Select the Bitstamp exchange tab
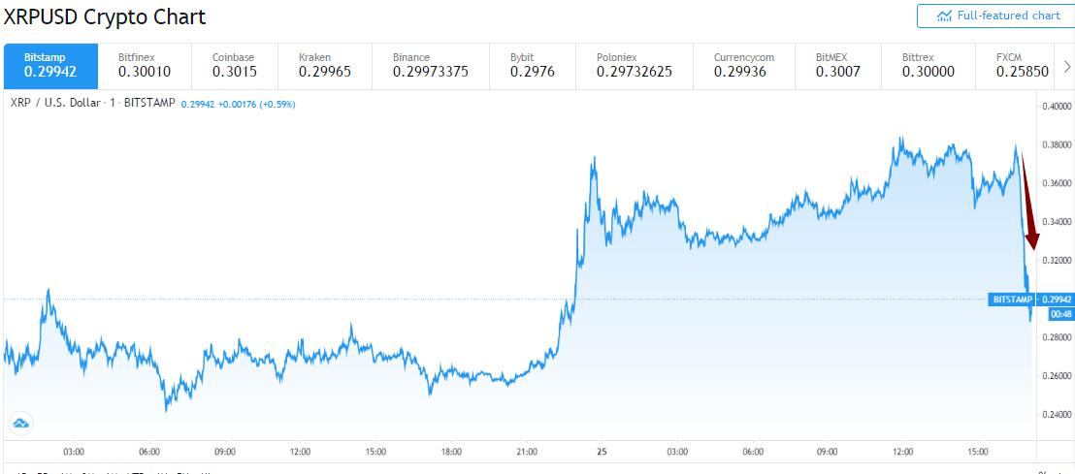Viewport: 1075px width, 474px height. [x=50, y=65]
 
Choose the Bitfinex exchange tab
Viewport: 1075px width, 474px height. [x=145, y=65]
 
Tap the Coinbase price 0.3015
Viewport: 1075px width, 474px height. [x=235, y=72]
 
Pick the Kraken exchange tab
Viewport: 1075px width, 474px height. [x=327, y=65]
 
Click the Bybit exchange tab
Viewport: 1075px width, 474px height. [x=533, y=65]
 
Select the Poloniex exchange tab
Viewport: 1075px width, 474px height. [x=635, y=65]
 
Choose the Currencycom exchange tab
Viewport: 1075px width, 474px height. [x=744, y=65]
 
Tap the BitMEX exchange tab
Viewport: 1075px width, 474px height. [x=837, y=65]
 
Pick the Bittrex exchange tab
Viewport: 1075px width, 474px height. [x=928, y=65]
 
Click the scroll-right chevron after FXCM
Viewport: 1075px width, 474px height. [x=1067, y=65]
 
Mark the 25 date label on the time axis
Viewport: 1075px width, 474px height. [x=601, y=452]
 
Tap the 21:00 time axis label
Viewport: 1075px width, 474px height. [x=526, y=452]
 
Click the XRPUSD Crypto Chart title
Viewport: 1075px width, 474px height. [x=104, y=17]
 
